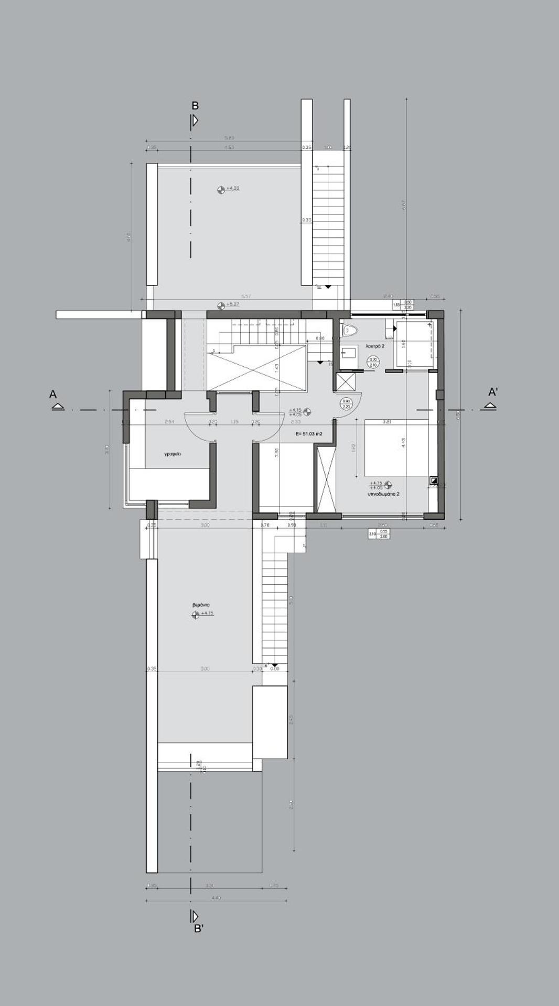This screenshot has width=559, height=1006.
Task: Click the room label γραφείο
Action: coord(173,454)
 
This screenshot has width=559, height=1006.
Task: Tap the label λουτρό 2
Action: coord(375,346)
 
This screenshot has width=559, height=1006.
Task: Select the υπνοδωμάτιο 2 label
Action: coord(383,494)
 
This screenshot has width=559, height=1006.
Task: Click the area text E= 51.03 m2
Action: coord(309,434)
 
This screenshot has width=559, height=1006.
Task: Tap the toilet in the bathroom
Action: coord(349,330)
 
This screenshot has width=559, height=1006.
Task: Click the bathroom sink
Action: coord(348,352)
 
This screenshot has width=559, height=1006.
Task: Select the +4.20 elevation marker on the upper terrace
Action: coord(221,189)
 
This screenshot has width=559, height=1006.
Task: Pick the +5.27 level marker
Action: coord(221,304)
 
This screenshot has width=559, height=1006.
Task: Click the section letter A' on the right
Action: coord(493,392)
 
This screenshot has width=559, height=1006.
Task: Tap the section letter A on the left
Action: coord(53,394)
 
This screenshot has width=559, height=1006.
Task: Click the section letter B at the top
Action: coord(195,106)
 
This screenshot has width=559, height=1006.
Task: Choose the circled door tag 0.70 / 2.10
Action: coord(373,362)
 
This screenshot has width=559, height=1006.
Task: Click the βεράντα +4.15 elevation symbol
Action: coord(196,614)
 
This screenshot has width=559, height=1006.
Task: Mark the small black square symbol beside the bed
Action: coord(434,479)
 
